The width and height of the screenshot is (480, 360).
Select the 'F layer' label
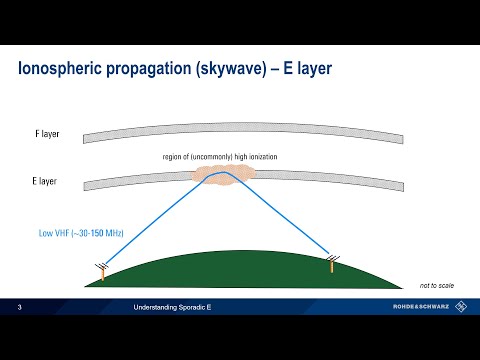pyautogui.click(x=43, y=132)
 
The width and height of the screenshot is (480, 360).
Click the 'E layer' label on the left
pyautogui.click(x=43, y=183)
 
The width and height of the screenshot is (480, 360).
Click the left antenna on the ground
pyautogui.click(x=102, y=269)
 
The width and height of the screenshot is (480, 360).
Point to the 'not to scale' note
pyautogui.click(x=437, y=285)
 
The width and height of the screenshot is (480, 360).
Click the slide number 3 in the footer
pyautogui.click(x=21, y=309)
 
